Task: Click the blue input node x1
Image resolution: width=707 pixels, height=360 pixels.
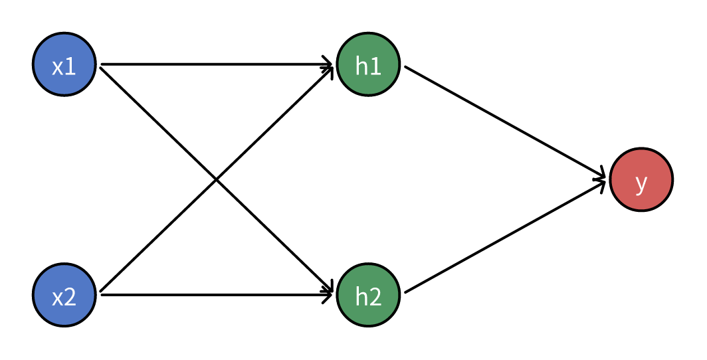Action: click(x=64, y=64)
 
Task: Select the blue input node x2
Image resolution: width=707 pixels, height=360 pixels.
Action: click(x=64, y=295)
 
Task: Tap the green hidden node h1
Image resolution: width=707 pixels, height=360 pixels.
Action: click(x=368, y=64)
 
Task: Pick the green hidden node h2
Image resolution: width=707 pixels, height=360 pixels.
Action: click(x=368, y=295)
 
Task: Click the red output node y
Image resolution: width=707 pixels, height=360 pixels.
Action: click(x=641, y=179)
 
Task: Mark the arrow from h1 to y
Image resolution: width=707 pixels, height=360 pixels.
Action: click(x=505, y=122)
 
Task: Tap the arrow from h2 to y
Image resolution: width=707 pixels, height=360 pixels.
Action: click(x=505, y=236)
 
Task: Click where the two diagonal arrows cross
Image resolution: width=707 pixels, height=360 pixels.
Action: click(x=216, y=179)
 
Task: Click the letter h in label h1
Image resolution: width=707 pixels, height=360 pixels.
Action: click(x=361, y=66)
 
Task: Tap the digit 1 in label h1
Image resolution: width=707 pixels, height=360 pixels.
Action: click(x=375, y=66)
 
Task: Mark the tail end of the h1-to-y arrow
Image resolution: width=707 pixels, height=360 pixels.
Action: click(x=405, y=67)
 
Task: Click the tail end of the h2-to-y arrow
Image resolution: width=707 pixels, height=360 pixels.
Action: click(x=405, y=292)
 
